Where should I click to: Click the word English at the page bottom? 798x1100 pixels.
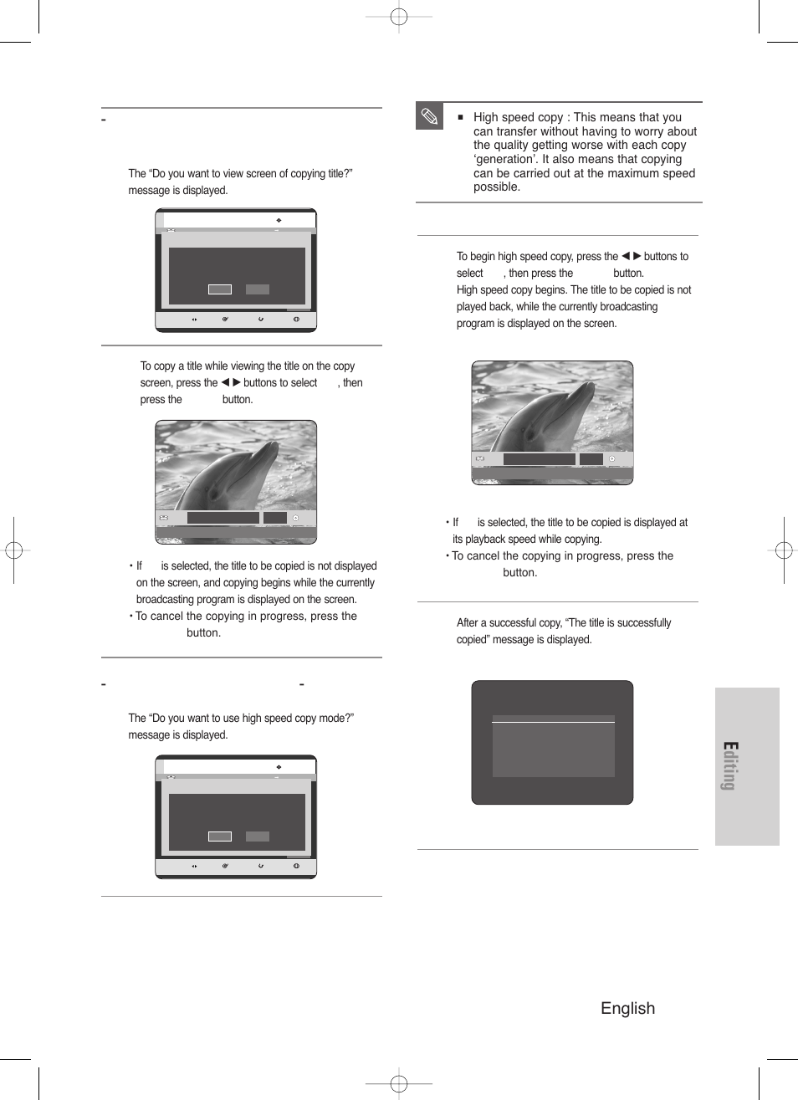[627, 1008]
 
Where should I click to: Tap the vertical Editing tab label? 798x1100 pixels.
[729, 766]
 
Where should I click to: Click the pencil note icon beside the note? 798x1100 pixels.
[429, 116]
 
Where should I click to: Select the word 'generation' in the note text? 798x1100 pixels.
[505, 159]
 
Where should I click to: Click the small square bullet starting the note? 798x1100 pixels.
[460, 117]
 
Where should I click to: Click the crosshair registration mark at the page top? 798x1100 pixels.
[399, 16]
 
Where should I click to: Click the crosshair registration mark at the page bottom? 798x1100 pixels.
[399, 1084]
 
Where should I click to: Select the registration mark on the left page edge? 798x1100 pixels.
[13, 550]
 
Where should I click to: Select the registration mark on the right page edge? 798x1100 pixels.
[784, 550]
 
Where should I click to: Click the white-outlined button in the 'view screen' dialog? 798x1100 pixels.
[220, 289]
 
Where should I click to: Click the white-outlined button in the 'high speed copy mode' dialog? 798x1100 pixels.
[220, 837]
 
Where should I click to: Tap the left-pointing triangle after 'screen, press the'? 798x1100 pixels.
[225, 382]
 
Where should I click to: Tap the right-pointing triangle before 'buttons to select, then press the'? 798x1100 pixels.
[237, 382]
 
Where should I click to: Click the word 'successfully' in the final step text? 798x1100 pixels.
[643, 622]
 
